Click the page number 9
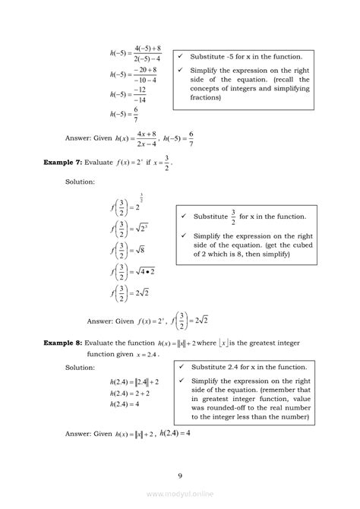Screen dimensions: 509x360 point(180,476)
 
